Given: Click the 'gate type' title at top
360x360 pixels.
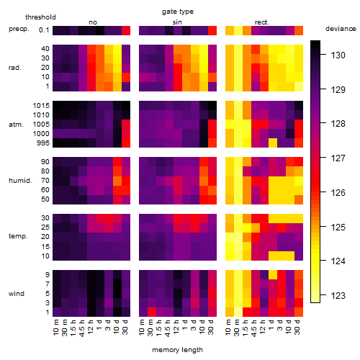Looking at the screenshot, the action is coord(178,12).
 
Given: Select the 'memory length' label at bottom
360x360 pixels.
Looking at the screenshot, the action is coord(177,350).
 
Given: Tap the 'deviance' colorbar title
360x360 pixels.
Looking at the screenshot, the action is coord(341,29).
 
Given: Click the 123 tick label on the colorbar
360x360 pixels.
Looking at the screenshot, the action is coord(338,296).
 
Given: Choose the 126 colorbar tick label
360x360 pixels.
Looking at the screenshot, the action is coord(338,193).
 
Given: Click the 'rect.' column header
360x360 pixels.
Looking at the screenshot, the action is coord(262,22).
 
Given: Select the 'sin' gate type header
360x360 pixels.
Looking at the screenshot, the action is coord(177,22).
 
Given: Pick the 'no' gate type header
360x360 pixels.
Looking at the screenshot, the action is coord(93,22).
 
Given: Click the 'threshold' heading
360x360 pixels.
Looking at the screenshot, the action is coord(40,17).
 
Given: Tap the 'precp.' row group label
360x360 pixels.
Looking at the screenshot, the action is coord(19,29).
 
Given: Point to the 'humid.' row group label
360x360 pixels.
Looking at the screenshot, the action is coord(20,181).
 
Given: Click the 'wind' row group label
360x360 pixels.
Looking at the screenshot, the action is coord(17,294).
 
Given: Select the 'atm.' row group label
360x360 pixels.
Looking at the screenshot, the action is coord(16,125).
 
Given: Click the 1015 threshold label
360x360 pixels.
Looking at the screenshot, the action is coord(41,106).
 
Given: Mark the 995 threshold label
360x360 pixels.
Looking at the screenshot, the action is coord(43,143).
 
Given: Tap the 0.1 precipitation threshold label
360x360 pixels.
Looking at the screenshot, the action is coord(44,30).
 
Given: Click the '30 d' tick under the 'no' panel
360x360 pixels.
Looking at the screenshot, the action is coord(125,327).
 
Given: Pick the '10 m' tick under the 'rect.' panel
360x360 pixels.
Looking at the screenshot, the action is coord(228,328).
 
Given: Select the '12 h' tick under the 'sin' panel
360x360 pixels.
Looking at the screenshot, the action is coord(176,327).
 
